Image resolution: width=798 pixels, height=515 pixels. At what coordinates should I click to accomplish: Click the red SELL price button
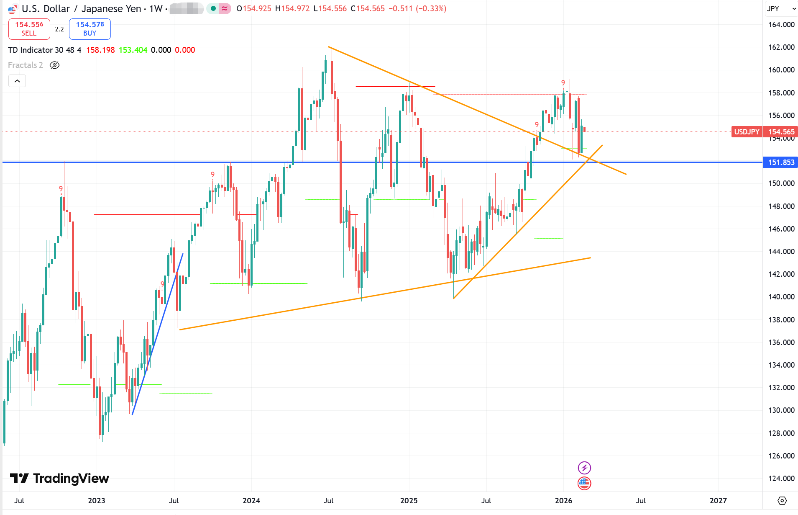click(29, 28)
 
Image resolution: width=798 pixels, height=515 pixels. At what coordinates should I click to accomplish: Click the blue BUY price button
click(90, 28)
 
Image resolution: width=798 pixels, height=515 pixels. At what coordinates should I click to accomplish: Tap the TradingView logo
click(59, 478)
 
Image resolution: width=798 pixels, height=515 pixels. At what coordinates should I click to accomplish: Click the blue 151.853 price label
click(780, 162)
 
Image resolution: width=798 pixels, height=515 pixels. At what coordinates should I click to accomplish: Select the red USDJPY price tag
click(747, 132)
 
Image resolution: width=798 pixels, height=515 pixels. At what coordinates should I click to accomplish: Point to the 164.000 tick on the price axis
click(781, 25)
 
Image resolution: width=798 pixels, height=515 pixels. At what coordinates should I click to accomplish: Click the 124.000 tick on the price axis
click(781, 478)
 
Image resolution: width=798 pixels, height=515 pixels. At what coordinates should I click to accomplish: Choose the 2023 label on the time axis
click(97, 501)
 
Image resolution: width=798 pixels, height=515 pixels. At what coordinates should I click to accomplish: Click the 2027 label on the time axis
click(718, 501)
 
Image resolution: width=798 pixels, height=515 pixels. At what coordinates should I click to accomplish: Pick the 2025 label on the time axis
click(409, 501)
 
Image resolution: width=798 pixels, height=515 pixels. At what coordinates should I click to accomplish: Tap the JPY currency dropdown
click(780, 9)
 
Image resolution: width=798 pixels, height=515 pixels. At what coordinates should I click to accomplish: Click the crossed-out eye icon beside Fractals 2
click(55, 65)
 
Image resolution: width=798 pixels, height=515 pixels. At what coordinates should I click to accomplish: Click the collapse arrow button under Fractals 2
click(17, 81)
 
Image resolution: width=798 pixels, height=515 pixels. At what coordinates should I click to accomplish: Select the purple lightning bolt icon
click(584, 468)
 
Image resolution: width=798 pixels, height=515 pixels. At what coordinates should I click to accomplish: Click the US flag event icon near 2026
click(584, 483)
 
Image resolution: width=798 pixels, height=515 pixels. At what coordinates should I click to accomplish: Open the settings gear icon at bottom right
click(782, 501)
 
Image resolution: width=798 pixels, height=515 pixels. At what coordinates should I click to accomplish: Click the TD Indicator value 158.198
click(100, 50)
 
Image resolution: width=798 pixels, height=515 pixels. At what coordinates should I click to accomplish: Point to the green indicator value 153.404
click(133, 50)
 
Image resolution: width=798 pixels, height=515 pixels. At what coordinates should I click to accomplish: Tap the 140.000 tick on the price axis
click(781, 297)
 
